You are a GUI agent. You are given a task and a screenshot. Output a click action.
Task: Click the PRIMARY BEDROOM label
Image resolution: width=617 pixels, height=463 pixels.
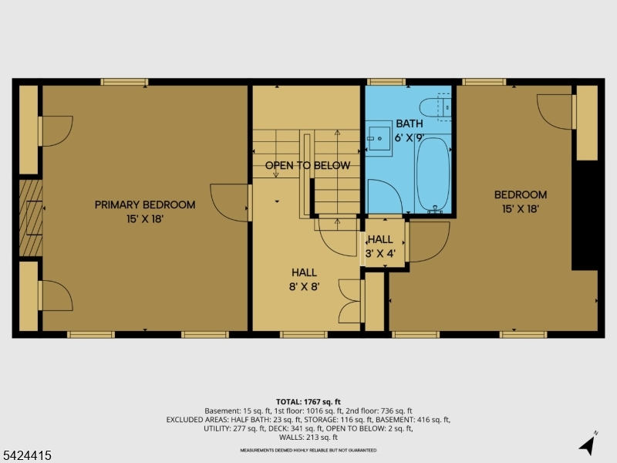145,204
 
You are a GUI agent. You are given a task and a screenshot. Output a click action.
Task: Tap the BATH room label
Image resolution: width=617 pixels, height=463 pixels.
410,123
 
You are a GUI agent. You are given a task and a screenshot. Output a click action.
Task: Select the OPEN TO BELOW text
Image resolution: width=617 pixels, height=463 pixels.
308,165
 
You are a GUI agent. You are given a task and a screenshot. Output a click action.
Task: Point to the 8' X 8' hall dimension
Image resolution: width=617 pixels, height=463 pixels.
304,286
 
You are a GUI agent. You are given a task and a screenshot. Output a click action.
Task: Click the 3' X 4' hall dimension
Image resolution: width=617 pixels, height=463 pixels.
380,253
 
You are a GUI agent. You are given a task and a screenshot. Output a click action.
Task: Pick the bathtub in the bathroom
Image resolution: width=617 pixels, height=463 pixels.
432,174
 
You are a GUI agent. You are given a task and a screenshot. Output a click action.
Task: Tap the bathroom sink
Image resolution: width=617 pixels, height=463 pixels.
379,137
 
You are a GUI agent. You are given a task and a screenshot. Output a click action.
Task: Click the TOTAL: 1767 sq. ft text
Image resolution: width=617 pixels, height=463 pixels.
308,402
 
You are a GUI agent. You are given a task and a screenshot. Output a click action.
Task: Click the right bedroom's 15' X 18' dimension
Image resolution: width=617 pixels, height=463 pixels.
521,208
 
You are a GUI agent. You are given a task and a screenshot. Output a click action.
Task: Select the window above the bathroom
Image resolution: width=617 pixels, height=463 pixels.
386,81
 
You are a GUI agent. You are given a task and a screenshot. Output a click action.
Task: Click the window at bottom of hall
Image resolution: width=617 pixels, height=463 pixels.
303,334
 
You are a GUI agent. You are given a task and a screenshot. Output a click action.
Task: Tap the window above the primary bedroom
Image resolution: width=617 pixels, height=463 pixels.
124,81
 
